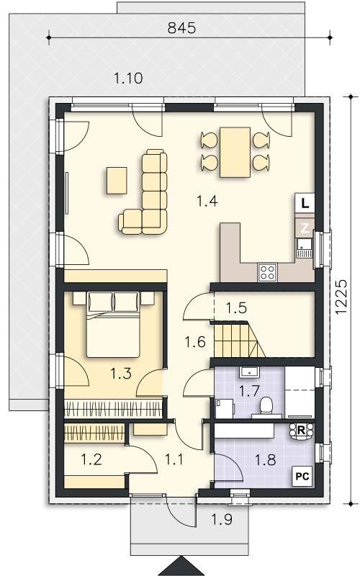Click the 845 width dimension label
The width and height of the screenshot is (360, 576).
[181, 28]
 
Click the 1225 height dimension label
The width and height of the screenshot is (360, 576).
[341, 297]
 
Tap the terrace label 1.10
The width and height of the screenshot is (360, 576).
[128, 78]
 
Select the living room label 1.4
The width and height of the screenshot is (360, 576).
[207, 201]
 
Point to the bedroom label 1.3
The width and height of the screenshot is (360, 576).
[121, 374]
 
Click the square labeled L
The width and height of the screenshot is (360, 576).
[305, 203]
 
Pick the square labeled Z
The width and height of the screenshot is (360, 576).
[305, 228]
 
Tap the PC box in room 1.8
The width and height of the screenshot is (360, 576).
[302, 477]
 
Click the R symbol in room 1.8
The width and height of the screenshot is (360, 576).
[301, 430]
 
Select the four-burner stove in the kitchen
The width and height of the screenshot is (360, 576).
[267, 273]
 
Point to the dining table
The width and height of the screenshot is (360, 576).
[235, 153]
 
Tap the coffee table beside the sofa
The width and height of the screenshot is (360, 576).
[117, 181]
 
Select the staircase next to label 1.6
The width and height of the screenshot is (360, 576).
[239, 339]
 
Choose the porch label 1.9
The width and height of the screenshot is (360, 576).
[222, 519]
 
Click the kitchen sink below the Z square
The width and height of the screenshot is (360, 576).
[304, 248]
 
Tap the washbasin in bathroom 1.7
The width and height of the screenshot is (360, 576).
[249, 372]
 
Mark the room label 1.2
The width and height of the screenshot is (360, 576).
[91, 459]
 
